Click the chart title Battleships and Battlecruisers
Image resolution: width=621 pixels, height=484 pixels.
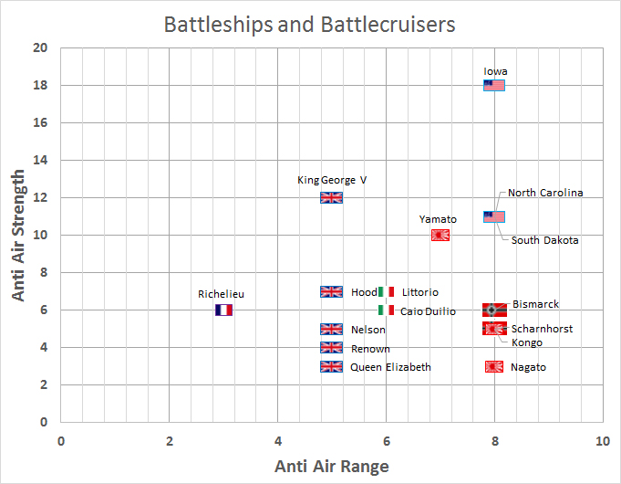click(309, 24)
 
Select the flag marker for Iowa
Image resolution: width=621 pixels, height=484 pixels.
click(494, 86)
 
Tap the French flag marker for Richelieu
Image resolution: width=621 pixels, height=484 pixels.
click(223, 310)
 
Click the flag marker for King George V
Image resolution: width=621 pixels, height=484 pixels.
click(331, 197)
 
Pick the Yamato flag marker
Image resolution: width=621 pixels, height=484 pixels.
click(440, 235)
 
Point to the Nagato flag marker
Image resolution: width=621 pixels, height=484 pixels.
click(494, 366)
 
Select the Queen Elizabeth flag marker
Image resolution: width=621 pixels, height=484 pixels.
click(331, 366)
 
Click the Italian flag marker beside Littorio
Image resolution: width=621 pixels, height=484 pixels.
click(386, 291)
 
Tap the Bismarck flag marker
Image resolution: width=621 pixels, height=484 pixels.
click(494, 310)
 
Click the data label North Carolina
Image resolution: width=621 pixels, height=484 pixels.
click(545, 193)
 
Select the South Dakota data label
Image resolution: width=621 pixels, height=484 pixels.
click(544, 240)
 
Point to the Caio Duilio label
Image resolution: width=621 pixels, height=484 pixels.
click(428, 311)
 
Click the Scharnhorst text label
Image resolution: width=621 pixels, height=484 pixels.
click(542, 329)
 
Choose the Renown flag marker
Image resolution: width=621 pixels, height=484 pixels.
click(331, 347)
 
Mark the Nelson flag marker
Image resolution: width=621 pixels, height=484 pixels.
click(331, 329)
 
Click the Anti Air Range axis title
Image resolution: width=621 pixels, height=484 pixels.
click(332, 466)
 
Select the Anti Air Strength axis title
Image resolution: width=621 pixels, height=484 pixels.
click(18, 236)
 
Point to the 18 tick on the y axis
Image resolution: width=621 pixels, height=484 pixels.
click(41, 86)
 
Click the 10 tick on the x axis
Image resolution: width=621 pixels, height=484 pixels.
click(603, 441)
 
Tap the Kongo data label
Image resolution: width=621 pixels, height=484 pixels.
click(526, 342)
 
